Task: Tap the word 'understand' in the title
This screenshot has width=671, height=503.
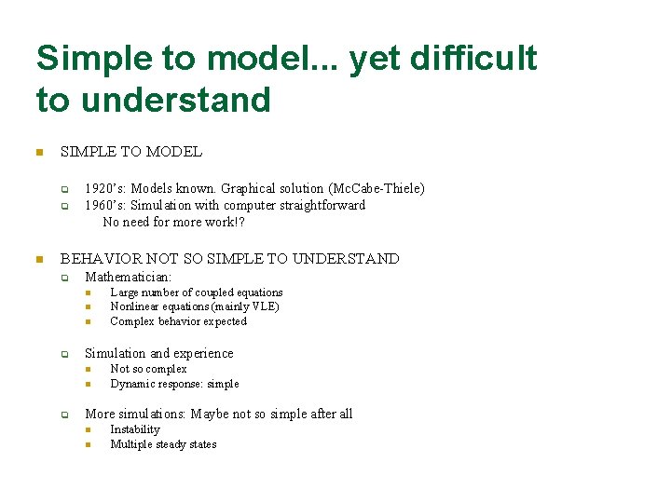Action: (176, 100)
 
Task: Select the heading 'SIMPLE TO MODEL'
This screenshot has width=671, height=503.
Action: (130, 151)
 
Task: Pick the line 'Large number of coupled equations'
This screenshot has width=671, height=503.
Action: (196, 292)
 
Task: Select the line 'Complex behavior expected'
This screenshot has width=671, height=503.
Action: (178, 321)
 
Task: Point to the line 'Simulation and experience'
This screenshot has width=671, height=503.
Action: (158, 353)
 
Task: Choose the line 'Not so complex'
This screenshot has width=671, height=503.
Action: (148, 369)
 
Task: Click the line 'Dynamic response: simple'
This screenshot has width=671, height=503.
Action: (174, 384)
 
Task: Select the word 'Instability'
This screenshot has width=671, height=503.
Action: (134, 429)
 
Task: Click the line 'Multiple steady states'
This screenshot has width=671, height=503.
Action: (163, 444)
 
